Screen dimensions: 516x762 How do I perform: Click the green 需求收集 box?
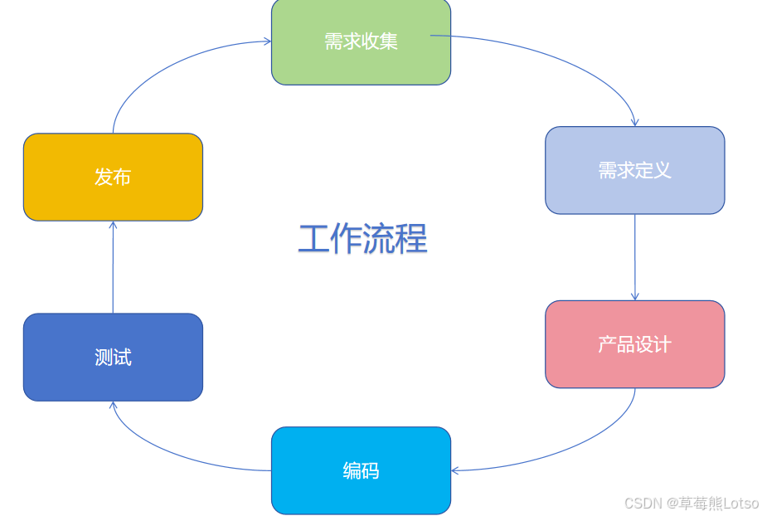pos(361,41)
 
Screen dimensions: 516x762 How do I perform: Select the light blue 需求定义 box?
pos(634,170)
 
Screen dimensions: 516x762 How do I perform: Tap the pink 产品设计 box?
pos(634,344)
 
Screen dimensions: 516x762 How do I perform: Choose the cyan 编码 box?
pos(361,470)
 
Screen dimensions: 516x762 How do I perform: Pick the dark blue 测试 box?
pos(113,358)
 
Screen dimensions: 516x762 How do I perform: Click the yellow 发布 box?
pos(113,177)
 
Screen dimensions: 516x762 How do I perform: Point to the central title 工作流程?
pos(362,239)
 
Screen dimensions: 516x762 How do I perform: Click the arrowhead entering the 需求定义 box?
pos(634,122)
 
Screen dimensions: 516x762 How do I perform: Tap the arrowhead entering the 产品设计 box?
pos(634,296)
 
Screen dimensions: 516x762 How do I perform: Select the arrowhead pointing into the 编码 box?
pos(455,470)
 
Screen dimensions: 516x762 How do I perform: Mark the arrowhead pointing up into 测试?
pos(113,406)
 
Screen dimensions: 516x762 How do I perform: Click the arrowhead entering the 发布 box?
pos(113,225)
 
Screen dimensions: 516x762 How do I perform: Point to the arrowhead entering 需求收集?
pos(267,41)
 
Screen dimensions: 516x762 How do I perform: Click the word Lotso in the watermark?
pos(741,504)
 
